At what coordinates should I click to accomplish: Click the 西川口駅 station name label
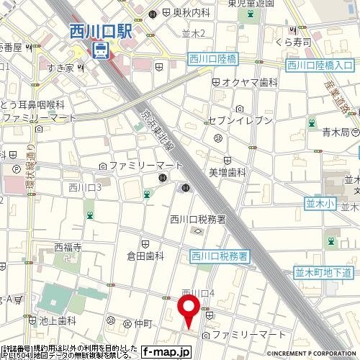click(102, 32)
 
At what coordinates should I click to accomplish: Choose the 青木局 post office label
click(336, 132)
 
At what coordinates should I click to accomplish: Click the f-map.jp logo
click(166, 352)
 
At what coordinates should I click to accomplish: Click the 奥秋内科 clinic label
click(191, 12)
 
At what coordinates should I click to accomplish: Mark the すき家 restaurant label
click(63, 68)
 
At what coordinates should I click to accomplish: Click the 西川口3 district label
click(84, 188)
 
